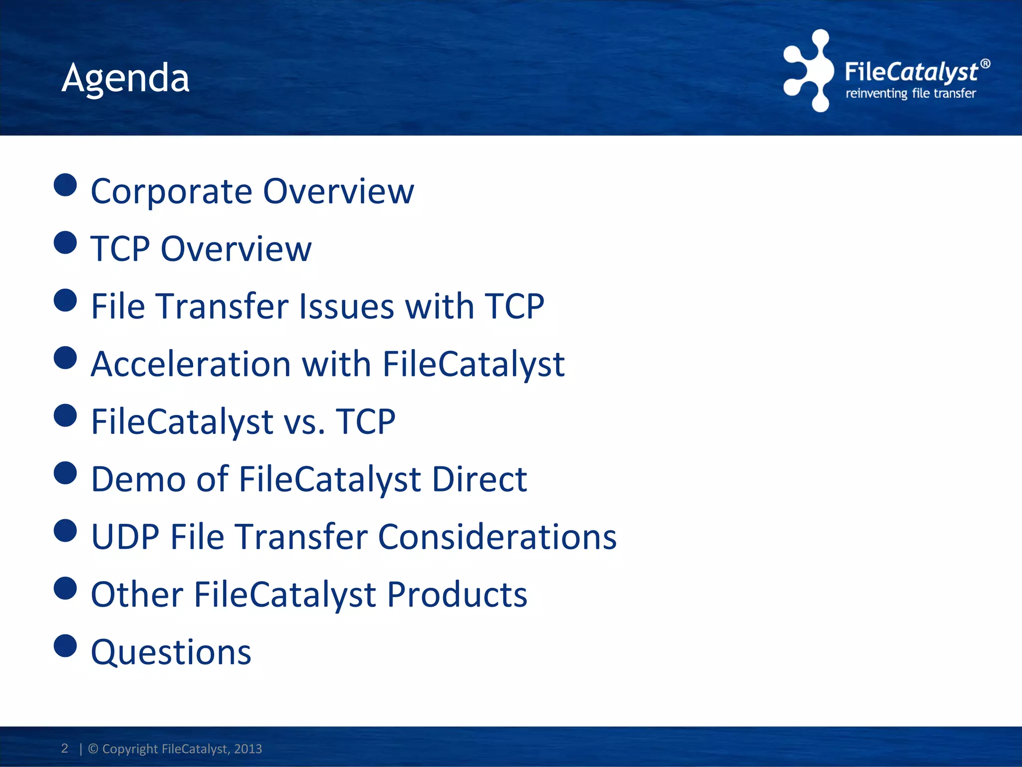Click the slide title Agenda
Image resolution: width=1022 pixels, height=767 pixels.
click(x=125, y=79)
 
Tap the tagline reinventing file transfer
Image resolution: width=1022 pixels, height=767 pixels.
click(x=910, y=93)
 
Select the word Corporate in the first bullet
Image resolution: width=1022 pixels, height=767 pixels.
click(x=171, y=192)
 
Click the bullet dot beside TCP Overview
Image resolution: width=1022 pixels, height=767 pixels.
click(x=65, y=243)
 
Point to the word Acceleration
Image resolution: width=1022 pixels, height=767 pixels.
click(x=191, y=364)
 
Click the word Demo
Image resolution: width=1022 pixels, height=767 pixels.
click(x=138, y=479)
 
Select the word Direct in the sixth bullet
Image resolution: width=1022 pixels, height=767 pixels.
click(x=479, y=479)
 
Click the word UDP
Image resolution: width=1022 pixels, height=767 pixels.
click(x=125, y=537)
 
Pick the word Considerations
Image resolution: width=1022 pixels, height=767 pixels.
click(x=497, y=537)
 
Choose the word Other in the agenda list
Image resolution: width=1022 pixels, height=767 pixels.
click(x=137, y=595)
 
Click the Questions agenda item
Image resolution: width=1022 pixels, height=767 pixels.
click(x=171, y=653)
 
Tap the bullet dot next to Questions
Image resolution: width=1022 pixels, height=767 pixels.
click(x=65, y=646)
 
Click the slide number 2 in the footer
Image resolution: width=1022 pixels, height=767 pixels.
click(x=64, y=748)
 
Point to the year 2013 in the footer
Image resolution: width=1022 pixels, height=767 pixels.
click(x=248, y=749)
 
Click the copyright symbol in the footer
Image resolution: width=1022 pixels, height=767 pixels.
click(x=93, y=749)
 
